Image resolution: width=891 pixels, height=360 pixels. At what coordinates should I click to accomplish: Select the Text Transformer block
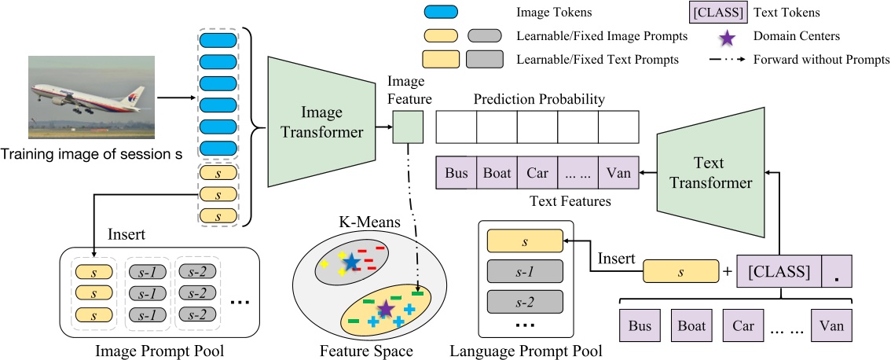[x=706, y=173]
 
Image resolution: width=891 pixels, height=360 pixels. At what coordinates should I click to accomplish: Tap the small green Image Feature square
[x=408, y=127]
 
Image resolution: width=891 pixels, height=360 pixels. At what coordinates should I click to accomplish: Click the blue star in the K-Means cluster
[x=350, y=261]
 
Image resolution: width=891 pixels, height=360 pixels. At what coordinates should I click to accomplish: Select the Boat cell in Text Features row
[x=497, y=173]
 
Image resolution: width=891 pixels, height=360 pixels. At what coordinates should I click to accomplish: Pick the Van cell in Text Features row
[x=618, y=173]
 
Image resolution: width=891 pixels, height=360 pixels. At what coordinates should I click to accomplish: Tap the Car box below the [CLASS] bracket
[x=743, y=325]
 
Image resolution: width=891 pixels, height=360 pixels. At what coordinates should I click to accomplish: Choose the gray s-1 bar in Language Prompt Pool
[x=524, y=270]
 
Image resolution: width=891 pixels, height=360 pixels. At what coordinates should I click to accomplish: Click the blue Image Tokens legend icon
[x=440, y=13]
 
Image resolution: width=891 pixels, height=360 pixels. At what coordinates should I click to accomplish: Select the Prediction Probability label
[x=537, y=100]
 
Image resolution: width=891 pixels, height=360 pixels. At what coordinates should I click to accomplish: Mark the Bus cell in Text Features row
[x=456, y=173]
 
